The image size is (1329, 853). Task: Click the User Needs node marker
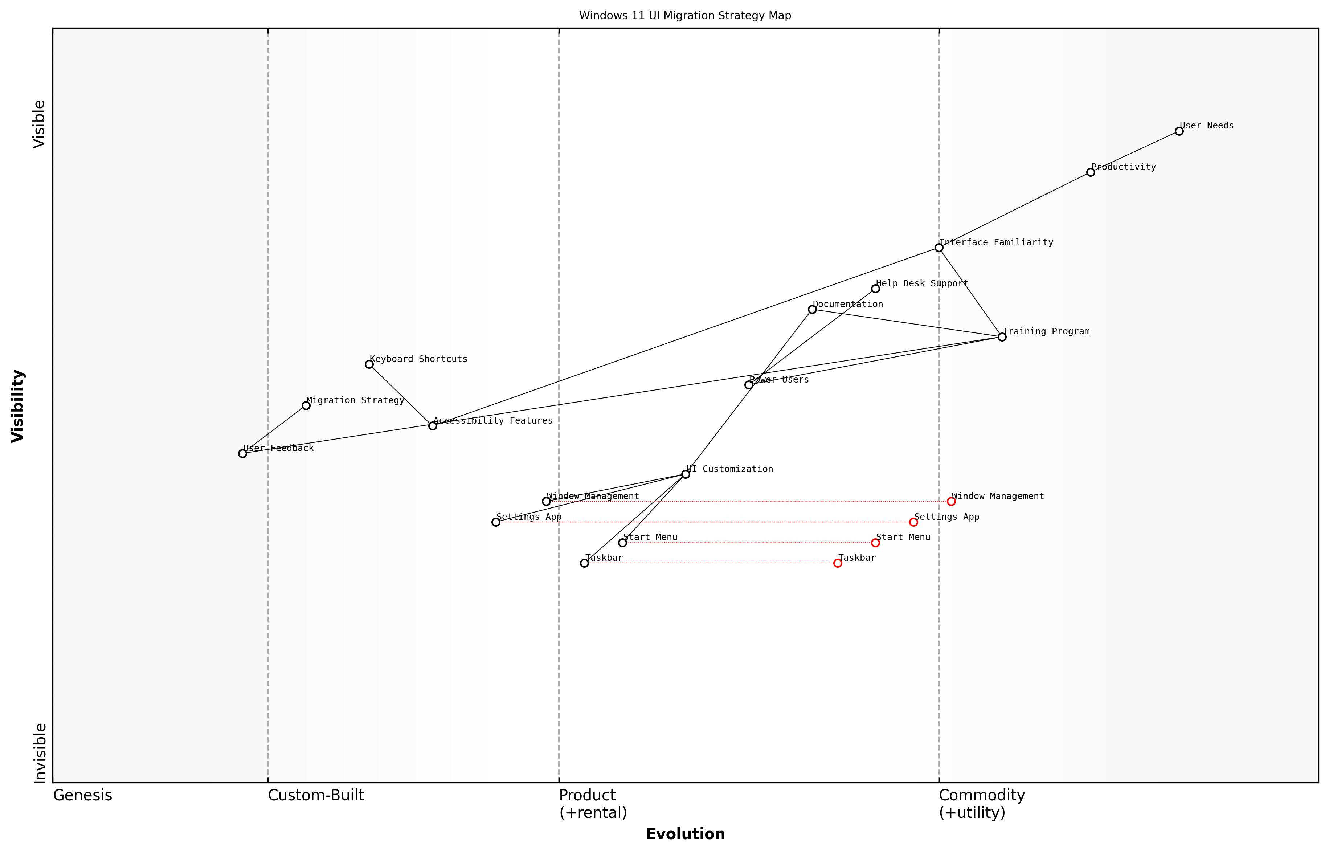point(1179,131)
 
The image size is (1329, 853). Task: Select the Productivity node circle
point(1090,172)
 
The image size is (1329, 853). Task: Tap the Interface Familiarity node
point(939,248)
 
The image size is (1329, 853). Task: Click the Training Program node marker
point(1002,337)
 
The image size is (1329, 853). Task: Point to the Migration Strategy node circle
point(306,405)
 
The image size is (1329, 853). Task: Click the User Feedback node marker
point(242,454)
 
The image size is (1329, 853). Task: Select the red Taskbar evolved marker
point(837,563)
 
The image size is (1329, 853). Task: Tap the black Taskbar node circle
point(584,563)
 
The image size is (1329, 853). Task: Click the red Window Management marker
point(951,501)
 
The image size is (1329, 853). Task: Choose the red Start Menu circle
point(875,543)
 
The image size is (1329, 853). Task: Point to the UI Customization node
point(686,474)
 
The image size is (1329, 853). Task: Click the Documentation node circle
point(812,310)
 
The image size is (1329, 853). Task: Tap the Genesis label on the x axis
point(82,795)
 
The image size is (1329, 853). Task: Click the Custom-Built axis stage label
point(316,795)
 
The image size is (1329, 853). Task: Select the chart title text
point(685,16)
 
